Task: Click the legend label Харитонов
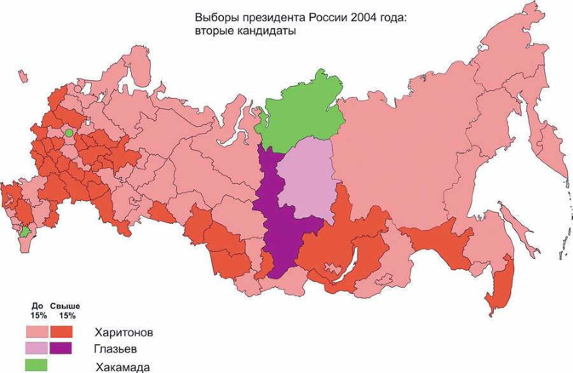pos(124,332)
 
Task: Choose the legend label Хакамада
pos(122,366)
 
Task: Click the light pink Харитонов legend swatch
pos(37,332)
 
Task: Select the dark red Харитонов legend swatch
pos(62,332)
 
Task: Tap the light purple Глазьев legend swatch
pos(37,348)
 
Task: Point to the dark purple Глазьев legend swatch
pos(62,348)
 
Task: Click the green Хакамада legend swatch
pos(37,365)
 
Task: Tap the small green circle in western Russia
pos(68,133)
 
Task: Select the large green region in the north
pos(299,115)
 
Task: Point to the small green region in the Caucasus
pos(24,231)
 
